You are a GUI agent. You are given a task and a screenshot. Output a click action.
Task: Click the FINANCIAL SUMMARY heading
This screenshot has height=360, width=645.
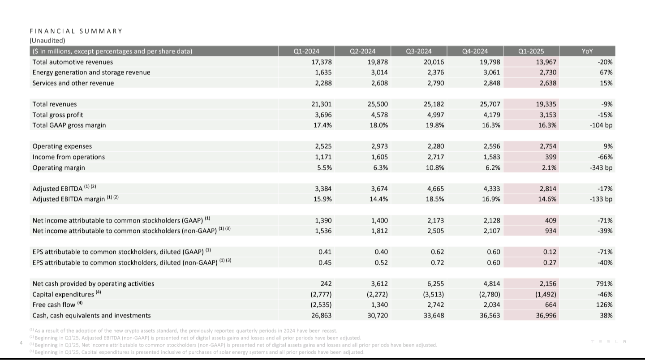[x=76, y=31]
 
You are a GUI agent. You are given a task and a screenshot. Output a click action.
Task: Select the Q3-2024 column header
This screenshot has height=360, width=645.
[x=419, y=51]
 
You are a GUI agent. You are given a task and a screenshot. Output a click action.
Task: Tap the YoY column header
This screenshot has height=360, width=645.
[x=587, y=51]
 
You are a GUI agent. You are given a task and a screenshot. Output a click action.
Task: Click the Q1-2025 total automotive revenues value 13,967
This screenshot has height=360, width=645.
[x=546, y=62]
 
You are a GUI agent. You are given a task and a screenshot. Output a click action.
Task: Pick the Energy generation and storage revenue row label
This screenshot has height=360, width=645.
[x=91, y=72]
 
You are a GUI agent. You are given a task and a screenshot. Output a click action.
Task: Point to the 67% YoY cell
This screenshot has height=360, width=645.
[x=606, y=72]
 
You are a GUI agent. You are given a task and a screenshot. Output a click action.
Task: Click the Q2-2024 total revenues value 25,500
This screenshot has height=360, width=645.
[x=378, y=104]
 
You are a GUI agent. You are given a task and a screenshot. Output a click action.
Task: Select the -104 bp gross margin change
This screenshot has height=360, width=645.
[x=601, y=125]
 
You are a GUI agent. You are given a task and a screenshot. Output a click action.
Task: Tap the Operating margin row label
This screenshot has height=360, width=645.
[x=59, y=167]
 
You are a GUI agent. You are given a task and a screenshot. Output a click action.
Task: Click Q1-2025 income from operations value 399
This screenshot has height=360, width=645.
[x=550, y=157]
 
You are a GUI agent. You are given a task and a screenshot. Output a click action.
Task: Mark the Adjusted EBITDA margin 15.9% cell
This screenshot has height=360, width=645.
[x=322, y=199]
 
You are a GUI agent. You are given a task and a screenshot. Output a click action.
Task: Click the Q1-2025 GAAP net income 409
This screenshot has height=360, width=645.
[x=550, y=220]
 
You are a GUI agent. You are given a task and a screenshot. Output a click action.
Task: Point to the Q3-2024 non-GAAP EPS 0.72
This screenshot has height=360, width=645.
[x=437, y=262]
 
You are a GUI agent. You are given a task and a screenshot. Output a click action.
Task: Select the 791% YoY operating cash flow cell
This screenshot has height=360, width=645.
[x=604, y=283]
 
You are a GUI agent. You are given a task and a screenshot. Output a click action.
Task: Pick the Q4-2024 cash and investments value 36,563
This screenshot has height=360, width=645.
[x=490, y=315]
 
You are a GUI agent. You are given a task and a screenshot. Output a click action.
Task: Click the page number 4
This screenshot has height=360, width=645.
[x=21, y=343]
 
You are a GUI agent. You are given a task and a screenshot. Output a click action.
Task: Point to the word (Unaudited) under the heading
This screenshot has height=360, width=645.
[x=47, y=40]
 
